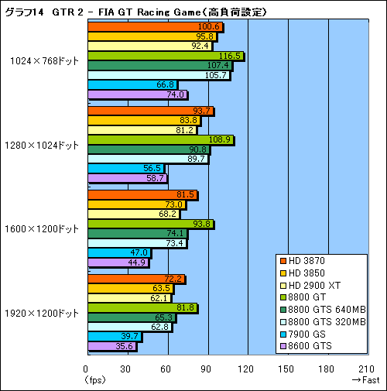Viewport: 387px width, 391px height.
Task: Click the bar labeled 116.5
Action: pos(166,56)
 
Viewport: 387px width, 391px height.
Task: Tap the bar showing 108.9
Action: pos(160,139)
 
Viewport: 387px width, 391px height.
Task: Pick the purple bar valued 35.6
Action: pos(111,346)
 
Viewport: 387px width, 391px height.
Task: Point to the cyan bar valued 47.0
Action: pos(119,252)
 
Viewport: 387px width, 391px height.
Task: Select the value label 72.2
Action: pos(173,279)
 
